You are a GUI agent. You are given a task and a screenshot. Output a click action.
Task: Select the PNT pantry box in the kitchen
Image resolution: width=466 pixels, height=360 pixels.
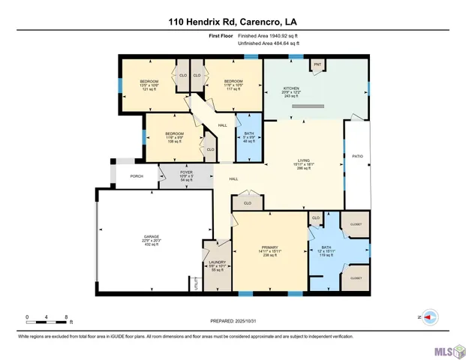tap(317, 65)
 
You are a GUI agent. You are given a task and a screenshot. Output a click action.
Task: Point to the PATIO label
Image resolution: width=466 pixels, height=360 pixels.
tap(357, 156)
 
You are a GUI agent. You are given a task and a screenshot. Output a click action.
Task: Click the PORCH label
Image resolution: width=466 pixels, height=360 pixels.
tap(137, 176)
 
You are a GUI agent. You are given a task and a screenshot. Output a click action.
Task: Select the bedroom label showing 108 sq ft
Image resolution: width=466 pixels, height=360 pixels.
tap(174, 136)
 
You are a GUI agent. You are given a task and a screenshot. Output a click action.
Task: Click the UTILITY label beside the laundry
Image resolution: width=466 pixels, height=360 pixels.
tap(197, 283)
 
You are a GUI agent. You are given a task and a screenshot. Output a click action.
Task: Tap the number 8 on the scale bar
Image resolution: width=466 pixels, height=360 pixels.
tap(67, 317)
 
